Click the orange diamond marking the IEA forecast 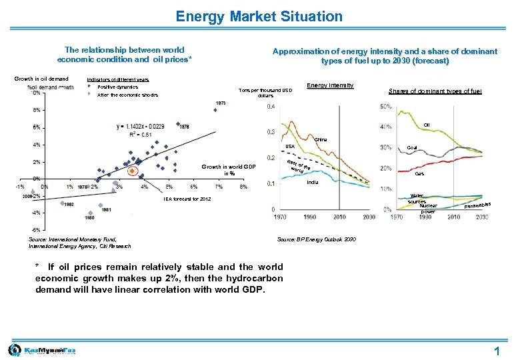[x=132, y=171]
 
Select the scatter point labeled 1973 [x=215, y=110]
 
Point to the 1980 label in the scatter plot [x=89, y=218]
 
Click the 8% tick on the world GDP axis [x=243, y=187]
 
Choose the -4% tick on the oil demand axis [x=35, y=213]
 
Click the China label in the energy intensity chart [x=320, y=139]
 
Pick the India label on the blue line [x=313, y=181]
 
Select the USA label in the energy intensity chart [x=290, y=147]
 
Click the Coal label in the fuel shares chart [x=412, y=148]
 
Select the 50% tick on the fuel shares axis [x=385, y=107]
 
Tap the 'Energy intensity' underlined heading [x=329, y=85]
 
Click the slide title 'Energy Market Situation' [x=259, y=17]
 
